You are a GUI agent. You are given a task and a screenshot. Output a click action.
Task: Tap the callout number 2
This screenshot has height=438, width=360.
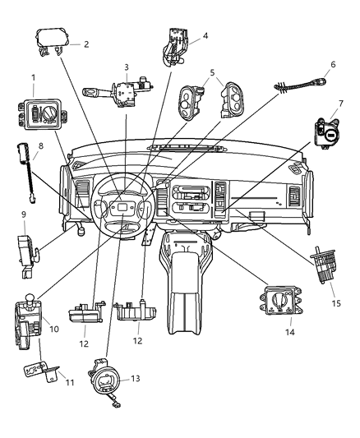[x=85, y=44]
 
